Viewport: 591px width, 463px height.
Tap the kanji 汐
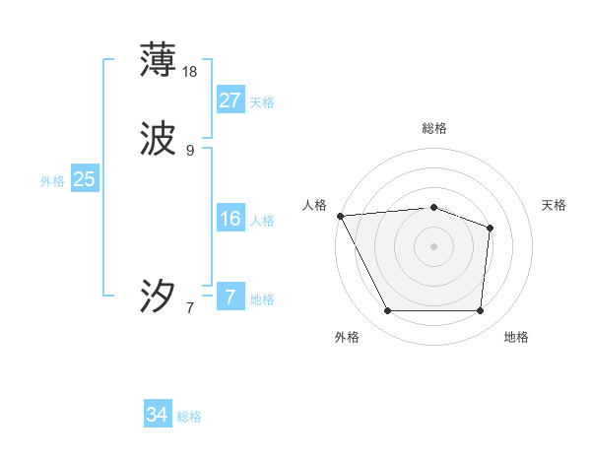coord(158,296)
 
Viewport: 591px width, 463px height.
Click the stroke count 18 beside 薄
coord(191,72)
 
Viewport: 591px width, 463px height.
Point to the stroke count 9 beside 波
coord(190,151)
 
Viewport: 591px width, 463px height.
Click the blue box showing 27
coord(230,100)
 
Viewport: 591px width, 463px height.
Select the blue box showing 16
coord(230,219)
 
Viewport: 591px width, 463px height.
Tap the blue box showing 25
coord(84,179)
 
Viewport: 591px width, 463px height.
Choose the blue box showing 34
coord(157,416)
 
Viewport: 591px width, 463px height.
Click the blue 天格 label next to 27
coord(262,102)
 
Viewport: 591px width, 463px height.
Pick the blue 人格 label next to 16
coord(262,221)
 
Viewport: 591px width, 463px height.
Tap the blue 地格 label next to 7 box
coord(262,299)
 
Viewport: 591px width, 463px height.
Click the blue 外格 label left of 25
coord(52,181)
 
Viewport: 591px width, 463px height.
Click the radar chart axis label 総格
coord(433,128)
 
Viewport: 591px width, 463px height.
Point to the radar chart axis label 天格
coord(554,205)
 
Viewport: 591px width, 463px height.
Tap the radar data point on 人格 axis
coord(340,216)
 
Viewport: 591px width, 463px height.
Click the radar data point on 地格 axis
coord(480,311)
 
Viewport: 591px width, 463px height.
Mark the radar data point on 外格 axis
coord(387,311)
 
